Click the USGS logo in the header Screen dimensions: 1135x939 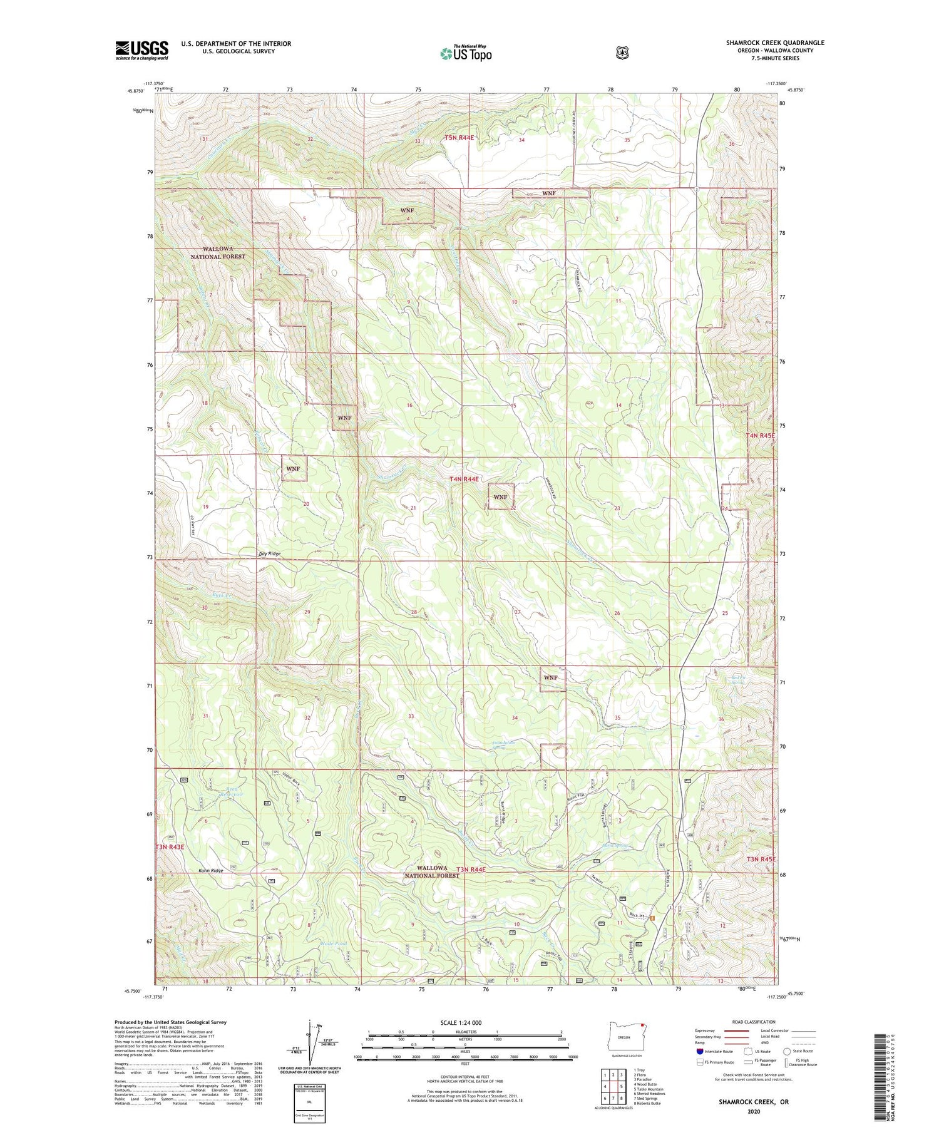pos(141,50)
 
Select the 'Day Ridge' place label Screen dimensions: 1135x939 pos(270,553)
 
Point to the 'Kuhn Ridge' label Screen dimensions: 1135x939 pos(211,871)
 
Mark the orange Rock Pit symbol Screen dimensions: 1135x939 pos(652,918)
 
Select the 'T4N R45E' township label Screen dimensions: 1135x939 pos(760,435)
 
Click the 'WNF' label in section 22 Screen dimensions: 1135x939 pos(500,496)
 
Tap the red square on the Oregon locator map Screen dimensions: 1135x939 pos(642,1025)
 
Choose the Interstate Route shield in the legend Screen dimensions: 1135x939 pos(700,1052)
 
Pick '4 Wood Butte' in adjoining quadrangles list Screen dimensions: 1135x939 pos(646,1084)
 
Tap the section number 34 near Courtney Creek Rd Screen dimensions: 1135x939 pos(521,140)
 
